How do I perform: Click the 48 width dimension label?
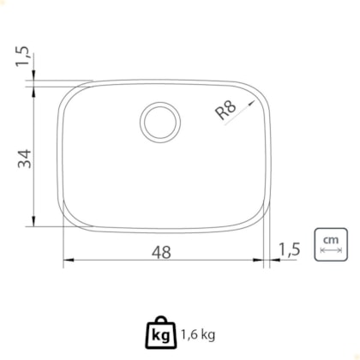[161, 252]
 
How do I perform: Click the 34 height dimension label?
[25, 159]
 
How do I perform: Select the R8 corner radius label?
[225, 110]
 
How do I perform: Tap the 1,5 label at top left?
[22, 56]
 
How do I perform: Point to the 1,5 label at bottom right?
[289, 249]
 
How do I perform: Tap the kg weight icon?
[161, 333]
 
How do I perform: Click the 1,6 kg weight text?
[198, 333]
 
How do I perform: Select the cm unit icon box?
[331, 244]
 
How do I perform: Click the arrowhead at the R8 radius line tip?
[251, 103]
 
